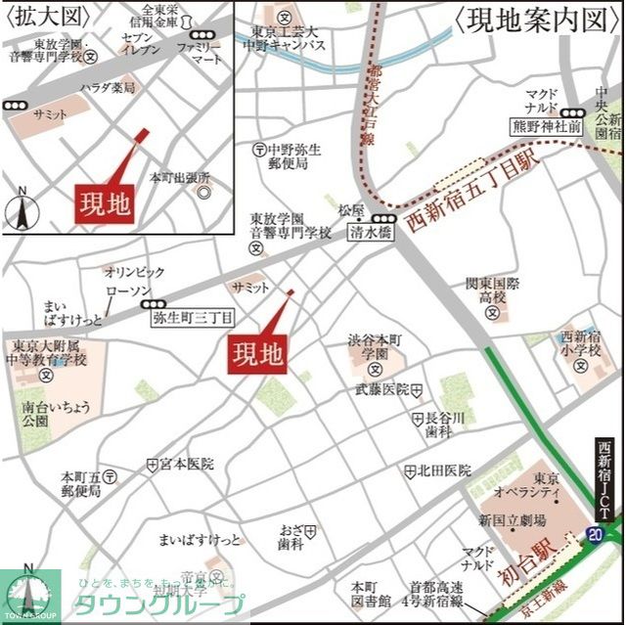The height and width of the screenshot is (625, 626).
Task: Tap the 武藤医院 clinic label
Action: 381,389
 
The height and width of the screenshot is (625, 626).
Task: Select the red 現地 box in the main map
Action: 257,352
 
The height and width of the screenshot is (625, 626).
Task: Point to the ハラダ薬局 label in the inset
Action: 108,88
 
